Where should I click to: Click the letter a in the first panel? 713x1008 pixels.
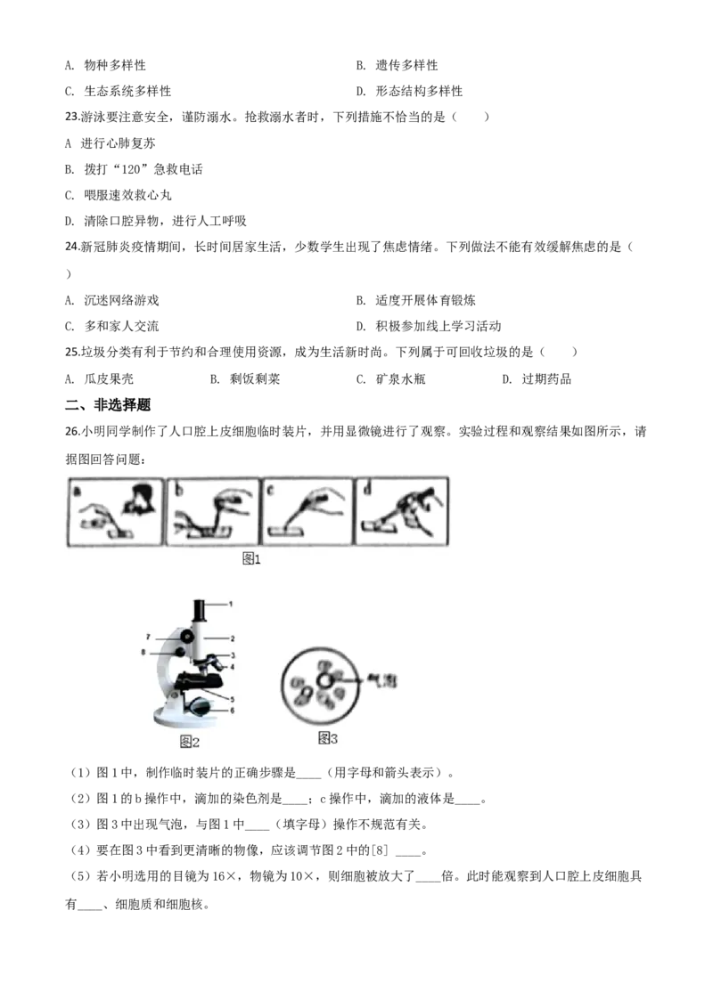[x=78, y=489]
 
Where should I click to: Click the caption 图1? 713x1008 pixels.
[x=251, y=559]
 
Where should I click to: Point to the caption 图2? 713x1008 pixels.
[x=189, y=741]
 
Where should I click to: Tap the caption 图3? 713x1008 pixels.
[x=328, y=738]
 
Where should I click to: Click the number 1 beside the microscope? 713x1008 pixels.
[x=230, y=604]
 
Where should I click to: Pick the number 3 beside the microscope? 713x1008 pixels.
[x=233, y=655]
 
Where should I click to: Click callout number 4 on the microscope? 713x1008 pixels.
[x=233, y=667]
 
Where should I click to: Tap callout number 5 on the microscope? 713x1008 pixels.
[x=233, y=699]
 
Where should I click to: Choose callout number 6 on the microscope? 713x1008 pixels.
[x=233, y=711]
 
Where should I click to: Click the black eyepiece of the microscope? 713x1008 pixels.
[x=201, y=612]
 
